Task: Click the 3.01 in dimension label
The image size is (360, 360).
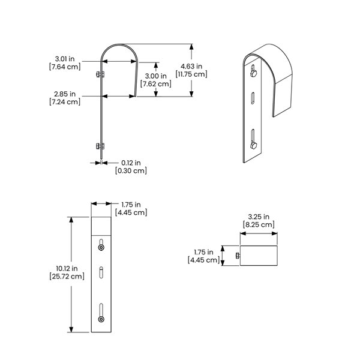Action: tap(64, 59)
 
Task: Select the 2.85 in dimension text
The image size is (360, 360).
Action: tap(64, 94)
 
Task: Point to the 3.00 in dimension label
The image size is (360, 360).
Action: tap(155, 76)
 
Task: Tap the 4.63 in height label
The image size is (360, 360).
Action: tap(191, 66)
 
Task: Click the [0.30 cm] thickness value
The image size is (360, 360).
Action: tap(131, 170)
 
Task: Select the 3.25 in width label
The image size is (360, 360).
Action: tap(259, 217)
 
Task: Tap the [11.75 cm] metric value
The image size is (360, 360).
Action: tap(191, 74)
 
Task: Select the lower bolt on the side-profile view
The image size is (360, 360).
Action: tap(99, 146)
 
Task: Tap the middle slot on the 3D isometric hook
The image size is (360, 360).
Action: tap(253, 98)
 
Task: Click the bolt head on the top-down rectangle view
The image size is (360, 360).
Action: tap(238, 256)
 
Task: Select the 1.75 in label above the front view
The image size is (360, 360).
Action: tap(131, 204)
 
